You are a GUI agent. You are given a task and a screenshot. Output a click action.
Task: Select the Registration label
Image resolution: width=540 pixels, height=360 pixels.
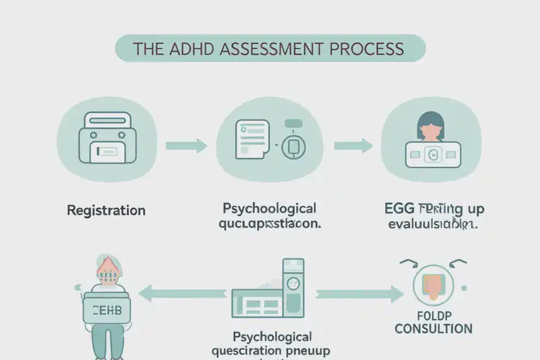106,211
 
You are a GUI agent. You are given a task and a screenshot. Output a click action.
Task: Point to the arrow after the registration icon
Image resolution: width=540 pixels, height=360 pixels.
186,146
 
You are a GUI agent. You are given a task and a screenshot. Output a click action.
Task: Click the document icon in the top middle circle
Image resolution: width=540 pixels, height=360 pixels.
251,137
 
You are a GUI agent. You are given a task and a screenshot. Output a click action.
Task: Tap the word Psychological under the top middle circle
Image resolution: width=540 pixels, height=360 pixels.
269,209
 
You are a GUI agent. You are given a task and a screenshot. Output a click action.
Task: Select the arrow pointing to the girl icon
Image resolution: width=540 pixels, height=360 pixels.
353,146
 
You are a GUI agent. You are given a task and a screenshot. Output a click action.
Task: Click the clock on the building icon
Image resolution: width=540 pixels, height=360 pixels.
293,284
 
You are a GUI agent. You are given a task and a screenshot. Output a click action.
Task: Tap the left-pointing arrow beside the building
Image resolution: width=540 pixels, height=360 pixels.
180,293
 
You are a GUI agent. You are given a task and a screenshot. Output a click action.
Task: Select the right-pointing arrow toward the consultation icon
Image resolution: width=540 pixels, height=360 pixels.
360,293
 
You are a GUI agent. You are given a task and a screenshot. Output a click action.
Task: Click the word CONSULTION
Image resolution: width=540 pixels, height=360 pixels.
434,329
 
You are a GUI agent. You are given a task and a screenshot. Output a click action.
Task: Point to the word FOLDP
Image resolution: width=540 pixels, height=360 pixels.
433,315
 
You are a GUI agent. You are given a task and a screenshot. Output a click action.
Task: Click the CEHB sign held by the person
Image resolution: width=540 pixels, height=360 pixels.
107,310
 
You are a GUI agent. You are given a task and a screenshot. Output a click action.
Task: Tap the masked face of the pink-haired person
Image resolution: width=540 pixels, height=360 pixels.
107,275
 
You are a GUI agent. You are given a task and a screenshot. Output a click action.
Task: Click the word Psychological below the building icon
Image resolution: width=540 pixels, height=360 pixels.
272,337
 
